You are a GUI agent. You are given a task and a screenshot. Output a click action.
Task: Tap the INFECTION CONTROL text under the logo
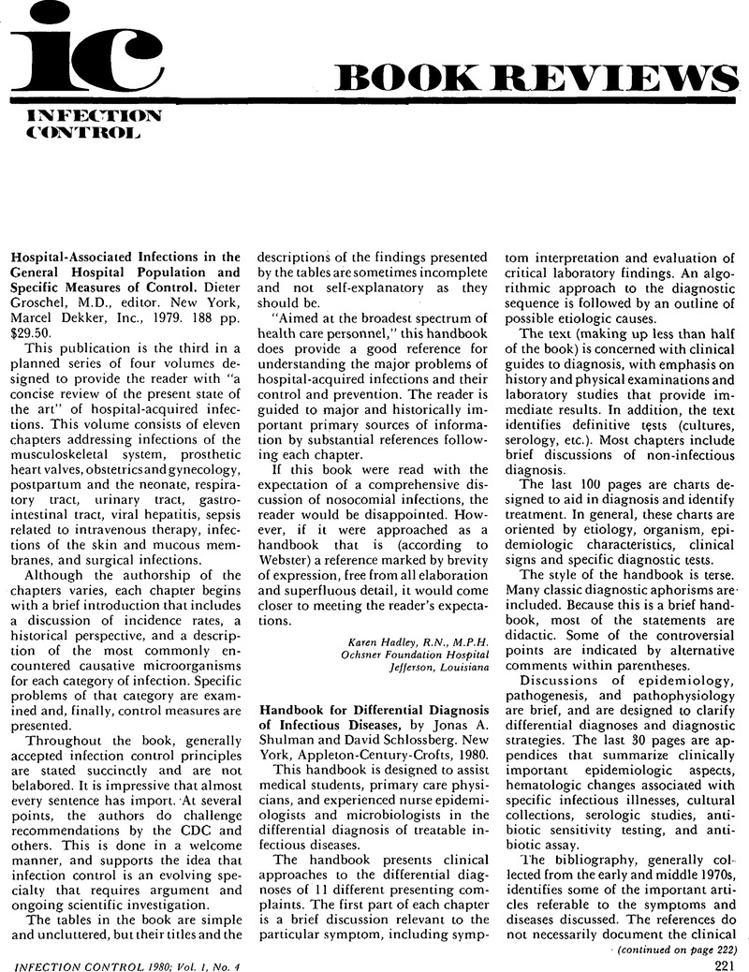pos(82,125)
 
